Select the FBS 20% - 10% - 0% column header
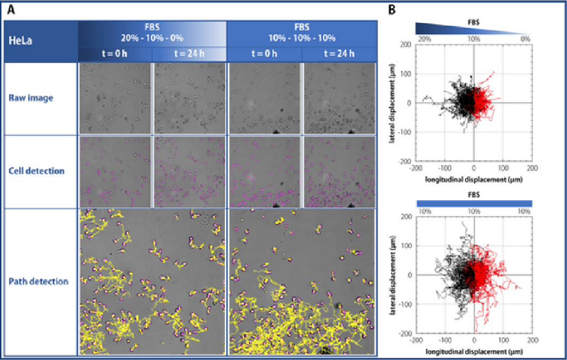(152, 33)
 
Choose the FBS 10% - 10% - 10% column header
(302, 33)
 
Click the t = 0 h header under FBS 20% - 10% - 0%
(115, 54)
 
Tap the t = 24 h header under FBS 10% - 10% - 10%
(339, 54)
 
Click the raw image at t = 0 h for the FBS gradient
(115, 98)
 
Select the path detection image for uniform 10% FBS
(302, 282)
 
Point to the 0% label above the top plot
(525, 39)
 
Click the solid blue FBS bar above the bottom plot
(474, 203)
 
